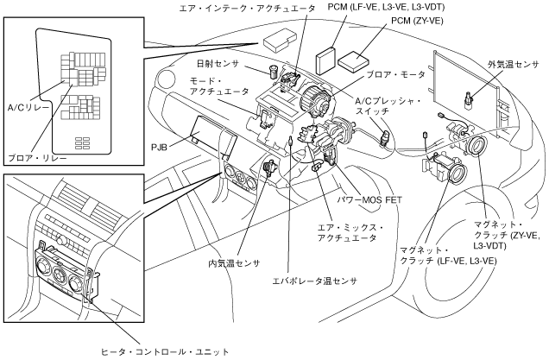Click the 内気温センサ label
point(234,262)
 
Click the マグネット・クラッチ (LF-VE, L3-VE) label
point(445,255)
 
